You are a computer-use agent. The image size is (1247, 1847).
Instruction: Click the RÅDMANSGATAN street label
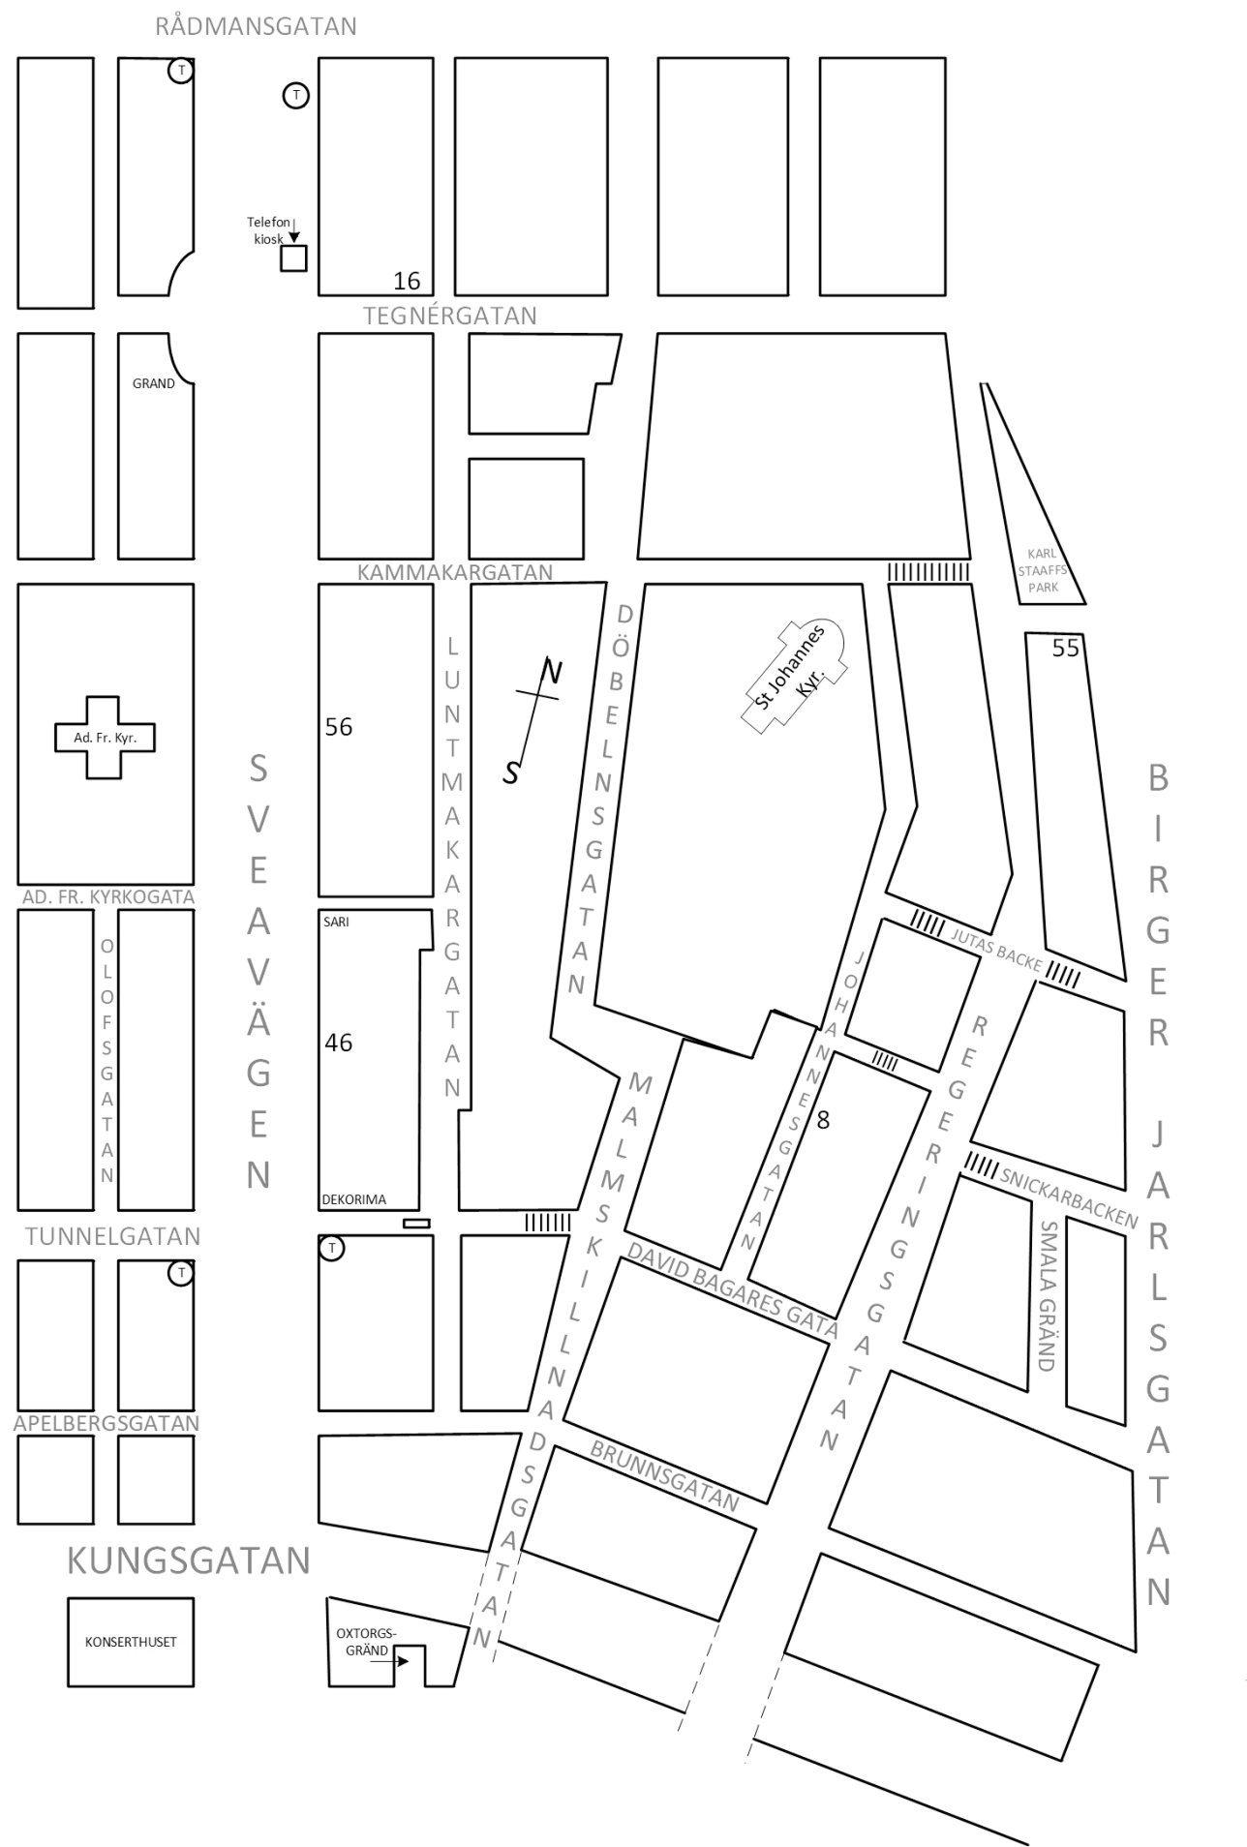click(256, 26)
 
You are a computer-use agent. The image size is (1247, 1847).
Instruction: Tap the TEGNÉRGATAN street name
click(450, 316)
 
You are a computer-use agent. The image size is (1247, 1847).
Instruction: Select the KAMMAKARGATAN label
click(455, 572)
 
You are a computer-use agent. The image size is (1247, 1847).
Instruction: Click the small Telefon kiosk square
click(293, 258)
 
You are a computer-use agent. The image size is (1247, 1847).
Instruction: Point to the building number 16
click(407, 281)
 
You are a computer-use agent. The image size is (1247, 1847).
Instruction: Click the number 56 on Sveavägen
click(339, 727)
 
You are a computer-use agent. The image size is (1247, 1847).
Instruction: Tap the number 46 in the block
click(339, 1043)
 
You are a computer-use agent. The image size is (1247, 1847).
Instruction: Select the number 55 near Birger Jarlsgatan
click(1065, 649)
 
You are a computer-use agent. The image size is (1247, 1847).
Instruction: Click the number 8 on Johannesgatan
click(824, 1120)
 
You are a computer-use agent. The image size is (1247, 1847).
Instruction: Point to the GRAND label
click(154, 383)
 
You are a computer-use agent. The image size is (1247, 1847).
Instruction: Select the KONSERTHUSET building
click(131, 1642)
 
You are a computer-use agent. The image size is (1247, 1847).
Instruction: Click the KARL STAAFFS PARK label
click(1044, 570)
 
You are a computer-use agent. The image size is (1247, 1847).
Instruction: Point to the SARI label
click(336, 922)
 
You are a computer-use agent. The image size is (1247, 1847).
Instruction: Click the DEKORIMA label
click(353, 1199)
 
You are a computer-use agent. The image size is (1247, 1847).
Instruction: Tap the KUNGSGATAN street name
click(188, 1559)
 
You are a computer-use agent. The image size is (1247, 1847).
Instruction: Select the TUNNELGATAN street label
click(113, 1236)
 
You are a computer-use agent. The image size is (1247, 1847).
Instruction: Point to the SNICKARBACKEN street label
click(1068, 1198)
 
